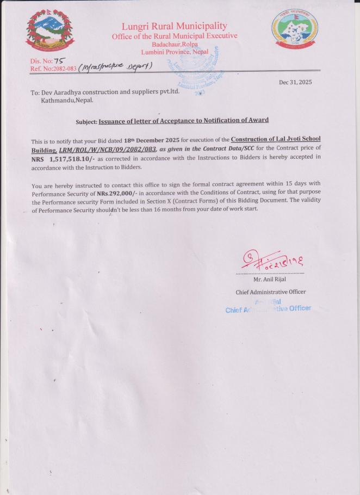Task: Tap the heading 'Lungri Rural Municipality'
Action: [x=174, y=26]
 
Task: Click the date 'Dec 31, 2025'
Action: [x=297, y=82]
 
